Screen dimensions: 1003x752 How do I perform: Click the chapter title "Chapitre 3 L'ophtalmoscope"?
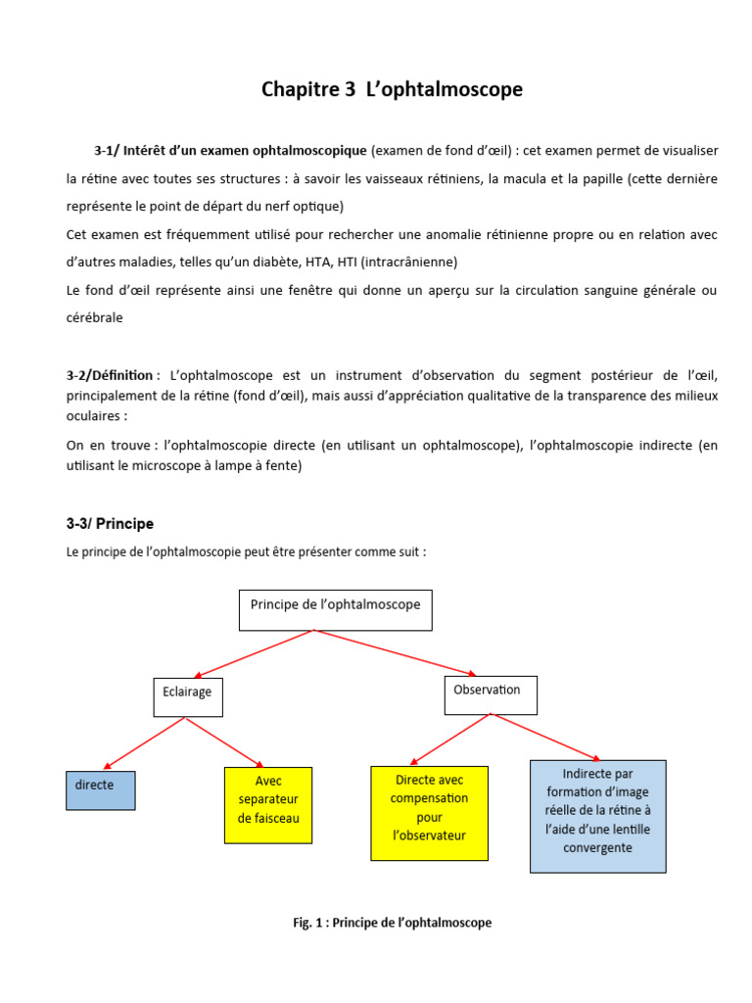pyautogui.click(x=392, y=90)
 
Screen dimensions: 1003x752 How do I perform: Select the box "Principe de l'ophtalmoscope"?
pyautogui.click(x=336, y=609)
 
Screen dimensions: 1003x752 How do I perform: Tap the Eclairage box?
pyautogui.click(x=187, y=696)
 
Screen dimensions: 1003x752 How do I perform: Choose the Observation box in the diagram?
pyautogui.click(x=490, y=694)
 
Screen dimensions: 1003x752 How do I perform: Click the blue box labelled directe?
pyautogui.click(x=100, y=789)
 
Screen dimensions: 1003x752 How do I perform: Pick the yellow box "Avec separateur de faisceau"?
pyautogui.click(x=268, y=804)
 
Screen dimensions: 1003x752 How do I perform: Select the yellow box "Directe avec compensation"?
pyautogui.click(x=429, y=813)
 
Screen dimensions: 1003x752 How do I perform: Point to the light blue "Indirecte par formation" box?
pyautogui.click(x=597, y=815)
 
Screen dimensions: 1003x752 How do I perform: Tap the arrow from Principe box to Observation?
pyautogui.click(x=395, y=652)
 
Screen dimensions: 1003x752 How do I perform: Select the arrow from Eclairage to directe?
pyautogui.click(x=144, y=743)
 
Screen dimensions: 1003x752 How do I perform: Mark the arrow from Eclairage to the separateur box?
pyautogui.click(x=225, y=742)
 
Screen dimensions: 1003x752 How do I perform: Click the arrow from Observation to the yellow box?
pyautogui.click(x=449, y=739)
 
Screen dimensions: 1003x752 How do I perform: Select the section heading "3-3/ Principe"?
pyautogui.click(x=110, y=524)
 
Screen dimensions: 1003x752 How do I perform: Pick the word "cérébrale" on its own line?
pyautogui.click(x=95, y=318)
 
